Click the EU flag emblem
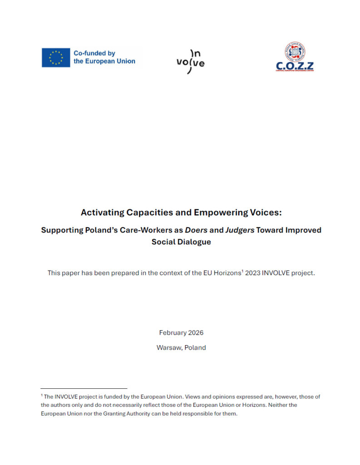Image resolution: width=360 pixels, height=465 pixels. pos(56,58)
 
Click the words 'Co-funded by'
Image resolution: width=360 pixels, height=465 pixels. pos(94,53)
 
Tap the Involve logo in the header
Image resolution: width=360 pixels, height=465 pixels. pos(190,61)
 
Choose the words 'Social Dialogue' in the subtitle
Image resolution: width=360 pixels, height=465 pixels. pos(181,242)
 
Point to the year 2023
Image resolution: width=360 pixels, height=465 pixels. pos(253,273)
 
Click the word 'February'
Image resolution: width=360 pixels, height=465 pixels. pos(172,332)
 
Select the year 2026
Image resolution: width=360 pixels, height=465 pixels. pos(195,332)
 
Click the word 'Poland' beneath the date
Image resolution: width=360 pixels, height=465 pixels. pos(195,347)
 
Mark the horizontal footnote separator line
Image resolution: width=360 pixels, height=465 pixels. pos(84,388)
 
